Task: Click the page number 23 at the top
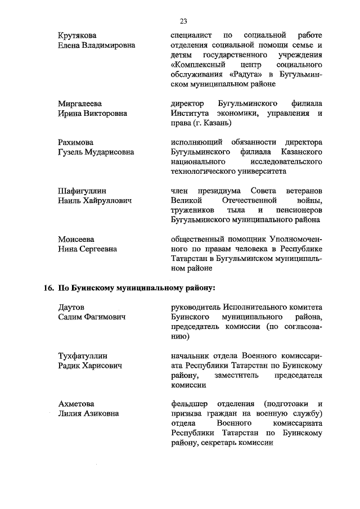[x=183, y=21]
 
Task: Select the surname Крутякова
[x=80, y=37]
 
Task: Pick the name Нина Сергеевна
[x=88, y=248]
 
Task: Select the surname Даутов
[x=71, y=308]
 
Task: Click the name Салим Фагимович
[x=92, y=317]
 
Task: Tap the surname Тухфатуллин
[x=83, y=356]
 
